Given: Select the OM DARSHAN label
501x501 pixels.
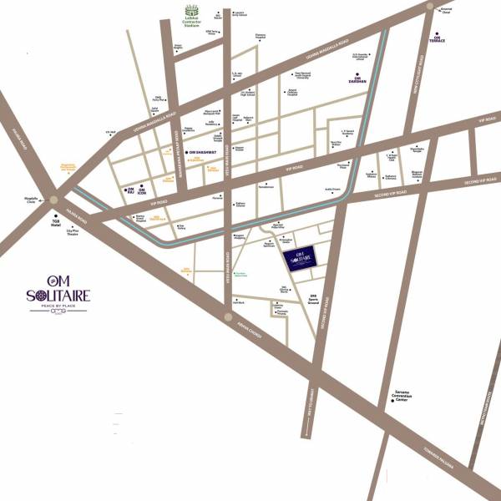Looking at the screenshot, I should pyautogui.click(x=358, y=82).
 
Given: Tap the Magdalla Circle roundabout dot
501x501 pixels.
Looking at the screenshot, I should pyautogui.click(x=53, y=200).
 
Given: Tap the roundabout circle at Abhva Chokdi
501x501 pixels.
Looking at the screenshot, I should pyautogui.click(x=228, y=316).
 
